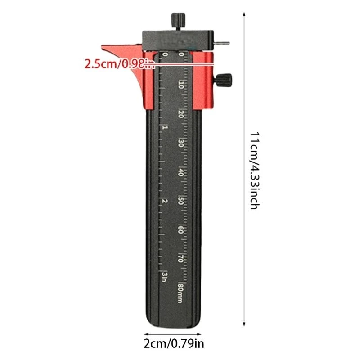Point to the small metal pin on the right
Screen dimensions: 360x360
click(222, 43)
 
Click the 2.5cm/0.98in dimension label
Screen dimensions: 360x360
click(120, 64)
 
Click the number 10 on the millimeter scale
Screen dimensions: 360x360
click(181, 85)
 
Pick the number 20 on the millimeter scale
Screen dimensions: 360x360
click(181, 114)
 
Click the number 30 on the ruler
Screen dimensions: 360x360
click(181, 144)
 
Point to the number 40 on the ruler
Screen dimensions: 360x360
click(181, 173)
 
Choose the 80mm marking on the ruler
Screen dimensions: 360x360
click(181, 292)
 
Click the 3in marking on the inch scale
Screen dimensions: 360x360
click(164, 276)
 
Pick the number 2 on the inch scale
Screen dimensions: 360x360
click(164, 201)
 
